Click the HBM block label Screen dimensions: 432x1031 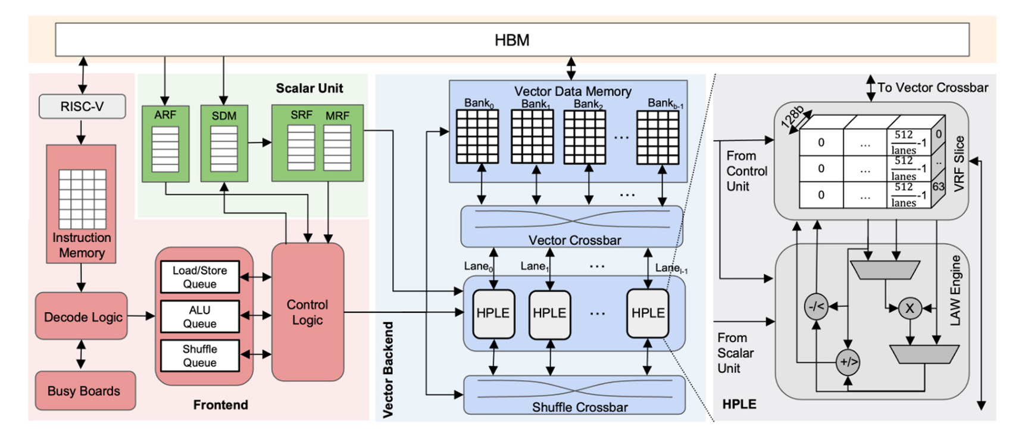coord(512,40)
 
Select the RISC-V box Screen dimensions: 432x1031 coord(82,107)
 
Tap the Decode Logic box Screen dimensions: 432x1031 coord(82,316)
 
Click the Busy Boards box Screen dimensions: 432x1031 coord(85,391)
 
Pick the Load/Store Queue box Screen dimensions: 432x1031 coord(200,277)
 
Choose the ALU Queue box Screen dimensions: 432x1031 coord(200,316)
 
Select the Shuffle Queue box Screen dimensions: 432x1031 coord(200,356)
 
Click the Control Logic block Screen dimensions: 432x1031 coord(307,312)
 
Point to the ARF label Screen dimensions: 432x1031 coord(165,115)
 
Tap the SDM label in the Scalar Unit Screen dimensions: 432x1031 coord(224,116)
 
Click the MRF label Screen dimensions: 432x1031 coord(337,116)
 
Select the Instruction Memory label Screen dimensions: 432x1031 coord(82,245)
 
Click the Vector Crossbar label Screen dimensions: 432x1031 coord(574,240)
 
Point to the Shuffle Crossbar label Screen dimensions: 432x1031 coord(579,407)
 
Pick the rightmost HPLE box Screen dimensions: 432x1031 coord(648,313)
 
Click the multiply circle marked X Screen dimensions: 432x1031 coord(909,308)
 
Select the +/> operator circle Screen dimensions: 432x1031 coord(848,362)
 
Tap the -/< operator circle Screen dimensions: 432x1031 coord(816,306)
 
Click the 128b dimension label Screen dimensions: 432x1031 coord(792,117)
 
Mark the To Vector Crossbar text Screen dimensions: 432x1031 coord(932,88)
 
